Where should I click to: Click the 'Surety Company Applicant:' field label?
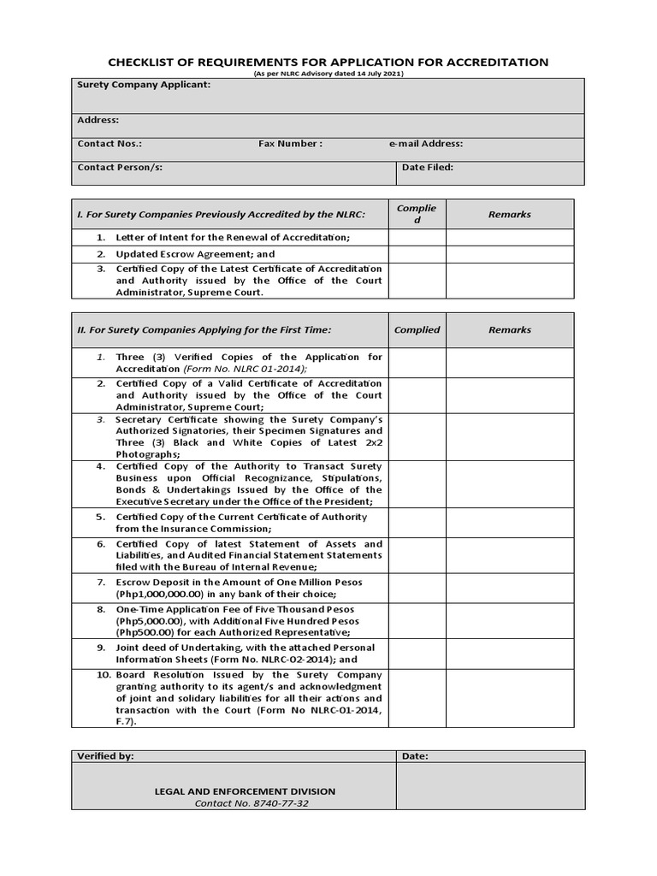(x=144, y=86)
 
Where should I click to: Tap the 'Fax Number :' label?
(x=290, y=144)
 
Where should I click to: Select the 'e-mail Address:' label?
(x=426, y=144)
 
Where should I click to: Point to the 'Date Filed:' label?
(x=428, y=168)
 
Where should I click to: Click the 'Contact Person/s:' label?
(x=120, y=168)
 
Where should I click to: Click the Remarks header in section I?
(x=509, y=215)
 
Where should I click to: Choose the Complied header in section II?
(x=417, y=329)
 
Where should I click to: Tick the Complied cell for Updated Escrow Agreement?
(x=417, y=254)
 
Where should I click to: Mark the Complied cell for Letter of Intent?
(x=417, y=237)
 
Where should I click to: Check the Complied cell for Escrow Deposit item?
(x=417, y=588)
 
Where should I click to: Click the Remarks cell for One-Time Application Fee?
(x=509, y=620)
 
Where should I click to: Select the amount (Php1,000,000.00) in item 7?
(x=160, y=594)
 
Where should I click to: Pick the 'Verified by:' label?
(x=105, y=756)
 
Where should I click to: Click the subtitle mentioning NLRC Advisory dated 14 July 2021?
(x=328, y=74)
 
